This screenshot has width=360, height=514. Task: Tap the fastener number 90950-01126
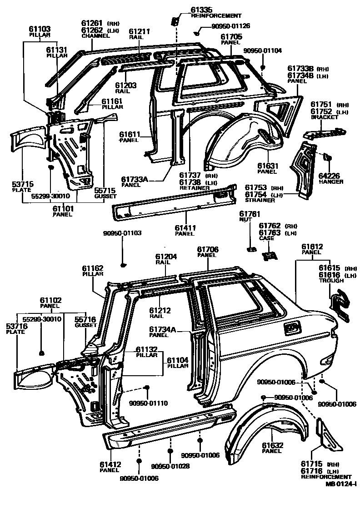(x=230, y=26)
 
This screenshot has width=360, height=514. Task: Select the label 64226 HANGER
(x=330, y=178)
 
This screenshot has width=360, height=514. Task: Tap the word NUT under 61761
(x=245, y=219)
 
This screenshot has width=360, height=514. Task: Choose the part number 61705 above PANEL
(x=231, y=36)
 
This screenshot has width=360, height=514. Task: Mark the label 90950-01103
(x=122, y=233)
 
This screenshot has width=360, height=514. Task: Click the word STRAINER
(x=260, y=200)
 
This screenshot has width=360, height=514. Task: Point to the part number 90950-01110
(x=149, y=403)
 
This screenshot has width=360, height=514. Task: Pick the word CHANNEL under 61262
(x=95, y=36)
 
